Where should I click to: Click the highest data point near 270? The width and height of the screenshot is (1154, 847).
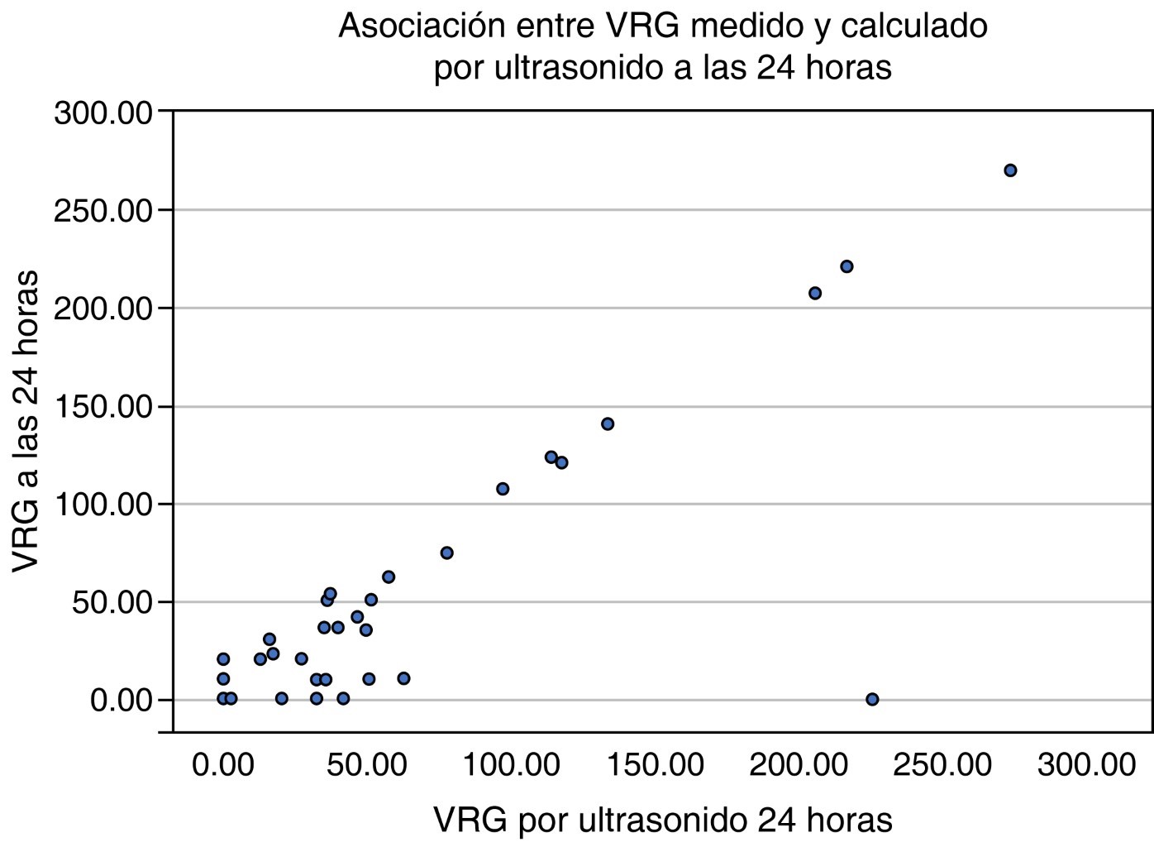1009,170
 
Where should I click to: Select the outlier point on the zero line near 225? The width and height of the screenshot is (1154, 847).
871,699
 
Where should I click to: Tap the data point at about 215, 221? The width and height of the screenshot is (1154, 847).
846,266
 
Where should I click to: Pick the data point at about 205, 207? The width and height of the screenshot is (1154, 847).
814,293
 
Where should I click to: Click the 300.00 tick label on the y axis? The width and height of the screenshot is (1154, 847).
103,112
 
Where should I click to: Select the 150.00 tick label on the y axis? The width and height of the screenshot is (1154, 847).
103,407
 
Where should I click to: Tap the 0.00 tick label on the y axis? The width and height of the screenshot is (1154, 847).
122,701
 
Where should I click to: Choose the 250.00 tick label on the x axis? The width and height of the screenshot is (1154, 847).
942,765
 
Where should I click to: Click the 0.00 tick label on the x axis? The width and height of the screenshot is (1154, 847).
222,765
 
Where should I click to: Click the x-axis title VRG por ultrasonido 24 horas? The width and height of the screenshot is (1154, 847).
662,820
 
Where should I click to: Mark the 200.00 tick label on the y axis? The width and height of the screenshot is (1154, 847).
103,309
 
